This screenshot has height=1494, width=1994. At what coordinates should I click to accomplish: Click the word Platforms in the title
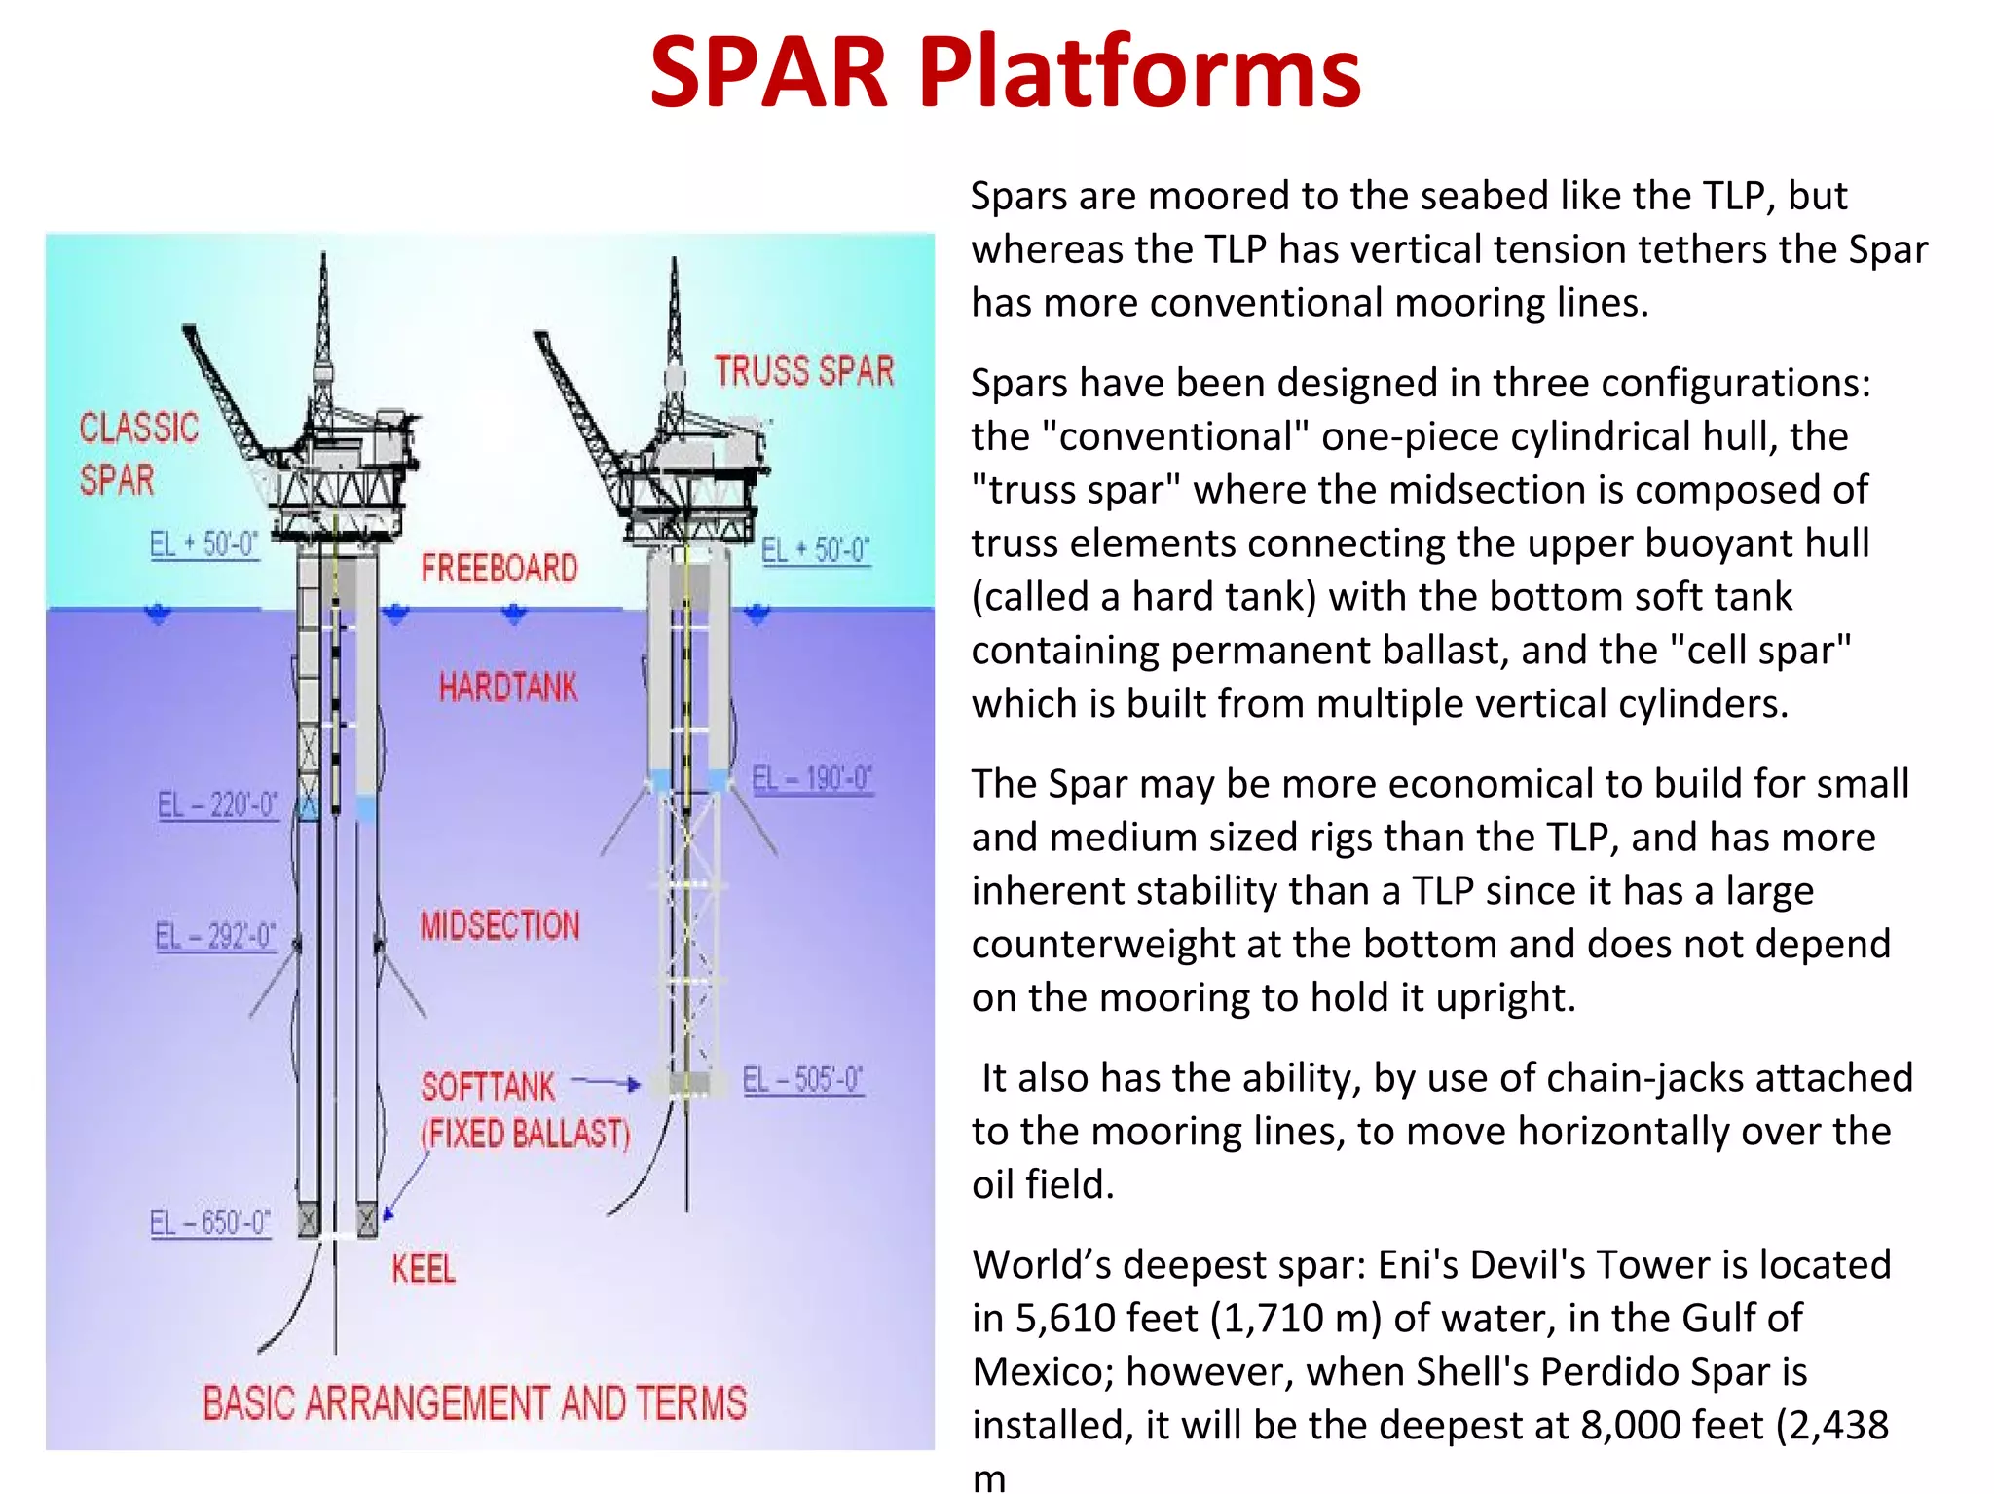tap(1139, 73)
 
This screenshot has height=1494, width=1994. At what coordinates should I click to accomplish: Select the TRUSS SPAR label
tap(804, 371)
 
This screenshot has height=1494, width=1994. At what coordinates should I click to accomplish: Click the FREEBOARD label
tap(499, 568)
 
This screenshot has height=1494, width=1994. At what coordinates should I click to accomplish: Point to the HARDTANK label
tap(507, 688)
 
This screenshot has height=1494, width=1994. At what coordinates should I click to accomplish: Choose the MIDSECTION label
tap(499, 925)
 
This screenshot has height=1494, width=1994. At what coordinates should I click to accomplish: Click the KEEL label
tap(424, 1269)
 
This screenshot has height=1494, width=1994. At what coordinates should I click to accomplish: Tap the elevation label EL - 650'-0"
tap(209, 1222)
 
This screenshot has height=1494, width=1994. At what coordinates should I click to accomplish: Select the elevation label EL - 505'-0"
tap(802, 1080)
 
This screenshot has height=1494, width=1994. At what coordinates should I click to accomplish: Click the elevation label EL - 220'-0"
tap(217, 805)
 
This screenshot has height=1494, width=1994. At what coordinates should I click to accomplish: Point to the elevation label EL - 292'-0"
tap(215, 937)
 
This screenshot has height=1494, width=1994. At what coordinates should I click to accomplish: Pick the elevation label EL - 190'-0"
tap(812, 779)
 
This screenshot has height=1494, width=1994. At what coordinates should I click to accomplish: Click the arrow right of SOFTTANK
tap(605, 1082)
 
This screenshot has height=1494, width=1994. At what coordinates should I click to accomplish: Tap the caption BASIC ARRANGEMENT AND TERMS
tap(474, 1403)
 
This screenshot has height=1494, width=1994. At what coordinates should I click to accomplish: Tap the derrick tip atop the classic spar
tap(324, 259)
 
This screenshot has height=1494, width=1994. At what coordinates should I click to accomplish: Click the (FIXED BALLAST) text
tap(526, 1134)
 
